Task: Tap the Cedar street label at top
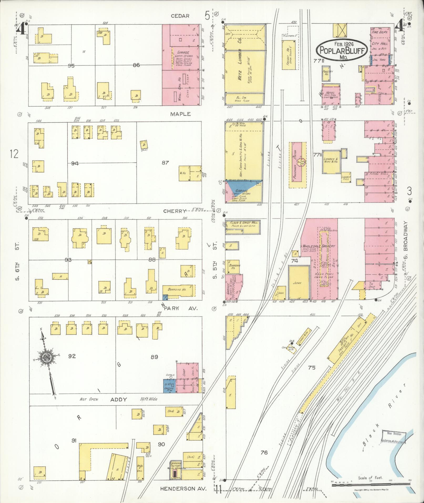[x=180, y=16]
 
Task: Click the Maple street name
[x=180, y=114]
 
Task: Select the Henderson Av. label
[x=183, y=489]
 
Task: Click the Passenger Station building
[x=298, y=165]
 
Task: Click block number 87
[x=165, y=163]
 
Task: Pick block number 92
[x=72, y=356]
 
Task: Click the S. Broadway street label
[x=405, y=239]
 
